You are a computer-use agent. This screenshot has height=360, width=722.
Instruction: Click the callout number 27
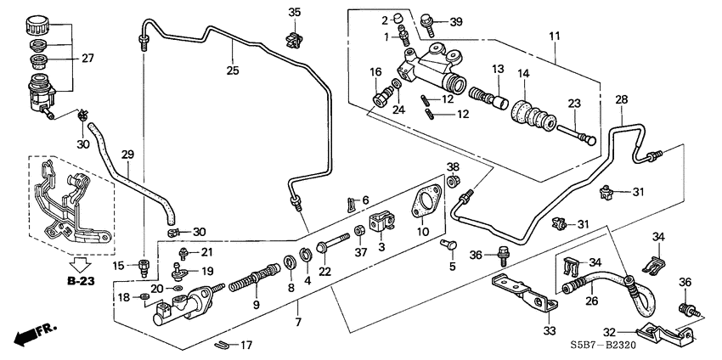[87, 59]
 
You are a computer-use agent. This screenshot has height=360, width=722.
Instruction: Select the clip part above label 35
[295, 37]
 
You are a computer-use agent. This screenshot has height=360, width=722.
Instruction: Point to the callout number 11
[555, 37]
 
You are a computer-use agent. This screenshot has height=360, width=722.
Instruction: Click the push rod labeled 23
[577, 134]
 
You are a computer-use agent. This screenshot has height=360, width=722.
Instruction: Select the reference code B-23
[82, 279]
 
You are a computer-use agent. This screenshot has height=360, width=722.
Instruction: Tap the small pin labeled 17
[222, 344]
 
